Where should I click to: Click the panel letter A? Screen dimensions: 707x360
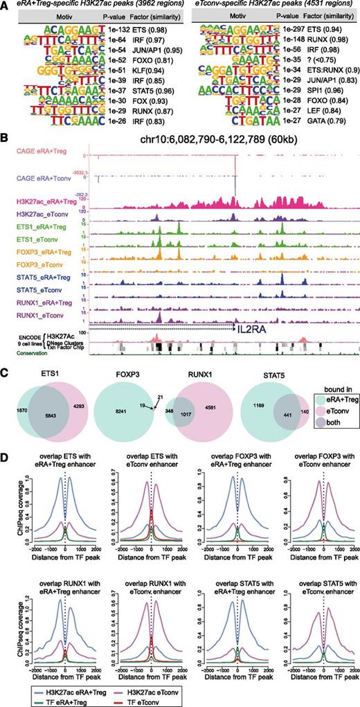coord(5,6)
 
